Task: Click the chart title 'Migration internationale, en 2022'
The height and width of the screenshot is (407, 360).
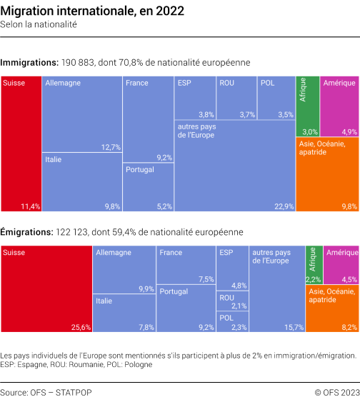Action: coord(92,11)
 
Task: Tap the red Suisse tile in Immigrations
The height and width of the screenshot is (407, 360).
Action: coord(21,143)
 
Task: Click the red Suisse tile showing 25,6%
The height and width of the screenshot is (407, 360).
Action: coord(46,289)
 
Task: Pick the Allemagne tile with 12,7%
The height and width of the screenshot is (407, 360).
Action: coord(81,114)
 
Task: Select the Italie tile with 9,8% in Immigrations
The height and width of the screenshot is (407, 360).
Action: coord(81,182)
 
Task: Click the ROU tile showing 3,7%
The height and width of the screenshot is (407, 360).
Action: coord(236,98)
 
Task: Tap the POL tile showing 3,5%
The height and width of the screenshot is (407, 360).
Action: coord(276,98)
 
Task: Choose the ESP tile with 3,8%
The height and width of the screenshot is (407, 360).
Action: coord(195,98)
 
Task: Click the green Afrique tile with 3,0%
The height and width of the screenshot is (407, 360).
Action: coord(307,106)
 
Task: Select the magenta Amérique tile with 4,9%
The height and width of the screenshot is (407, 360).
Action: coord(339,106)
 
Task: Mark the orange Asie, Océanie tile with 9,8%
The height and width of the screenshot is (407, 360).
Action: coord(327,175)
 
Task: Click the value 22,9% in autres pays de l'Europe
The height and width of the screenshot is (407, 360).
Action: coord(284,206)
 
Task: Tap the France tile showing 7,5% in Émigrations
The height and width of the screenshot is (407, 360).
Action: coord(186,265)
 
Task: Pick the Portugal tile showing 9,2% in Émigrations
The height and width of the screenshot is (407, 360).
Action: coord(186,308)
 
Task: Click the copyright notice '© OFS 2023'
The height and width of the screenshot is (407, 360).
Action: coord(336,393)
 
